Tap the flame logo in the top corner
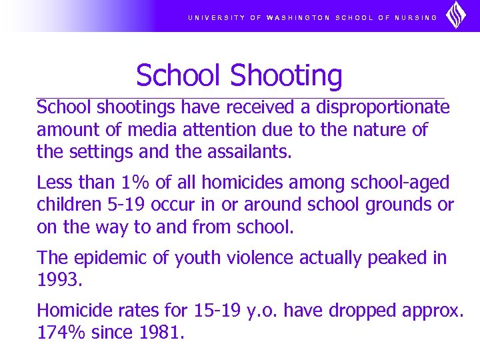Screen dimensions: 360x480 coord(456,15)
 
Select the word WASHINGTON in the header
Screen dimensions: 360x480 coord(298,18)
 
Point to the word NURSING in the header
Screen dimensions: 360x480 coord(415,18)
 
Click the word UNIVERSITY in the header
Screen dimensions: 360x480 coord(216,18)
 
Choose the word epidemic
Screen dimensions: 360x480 coord(102,257)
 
